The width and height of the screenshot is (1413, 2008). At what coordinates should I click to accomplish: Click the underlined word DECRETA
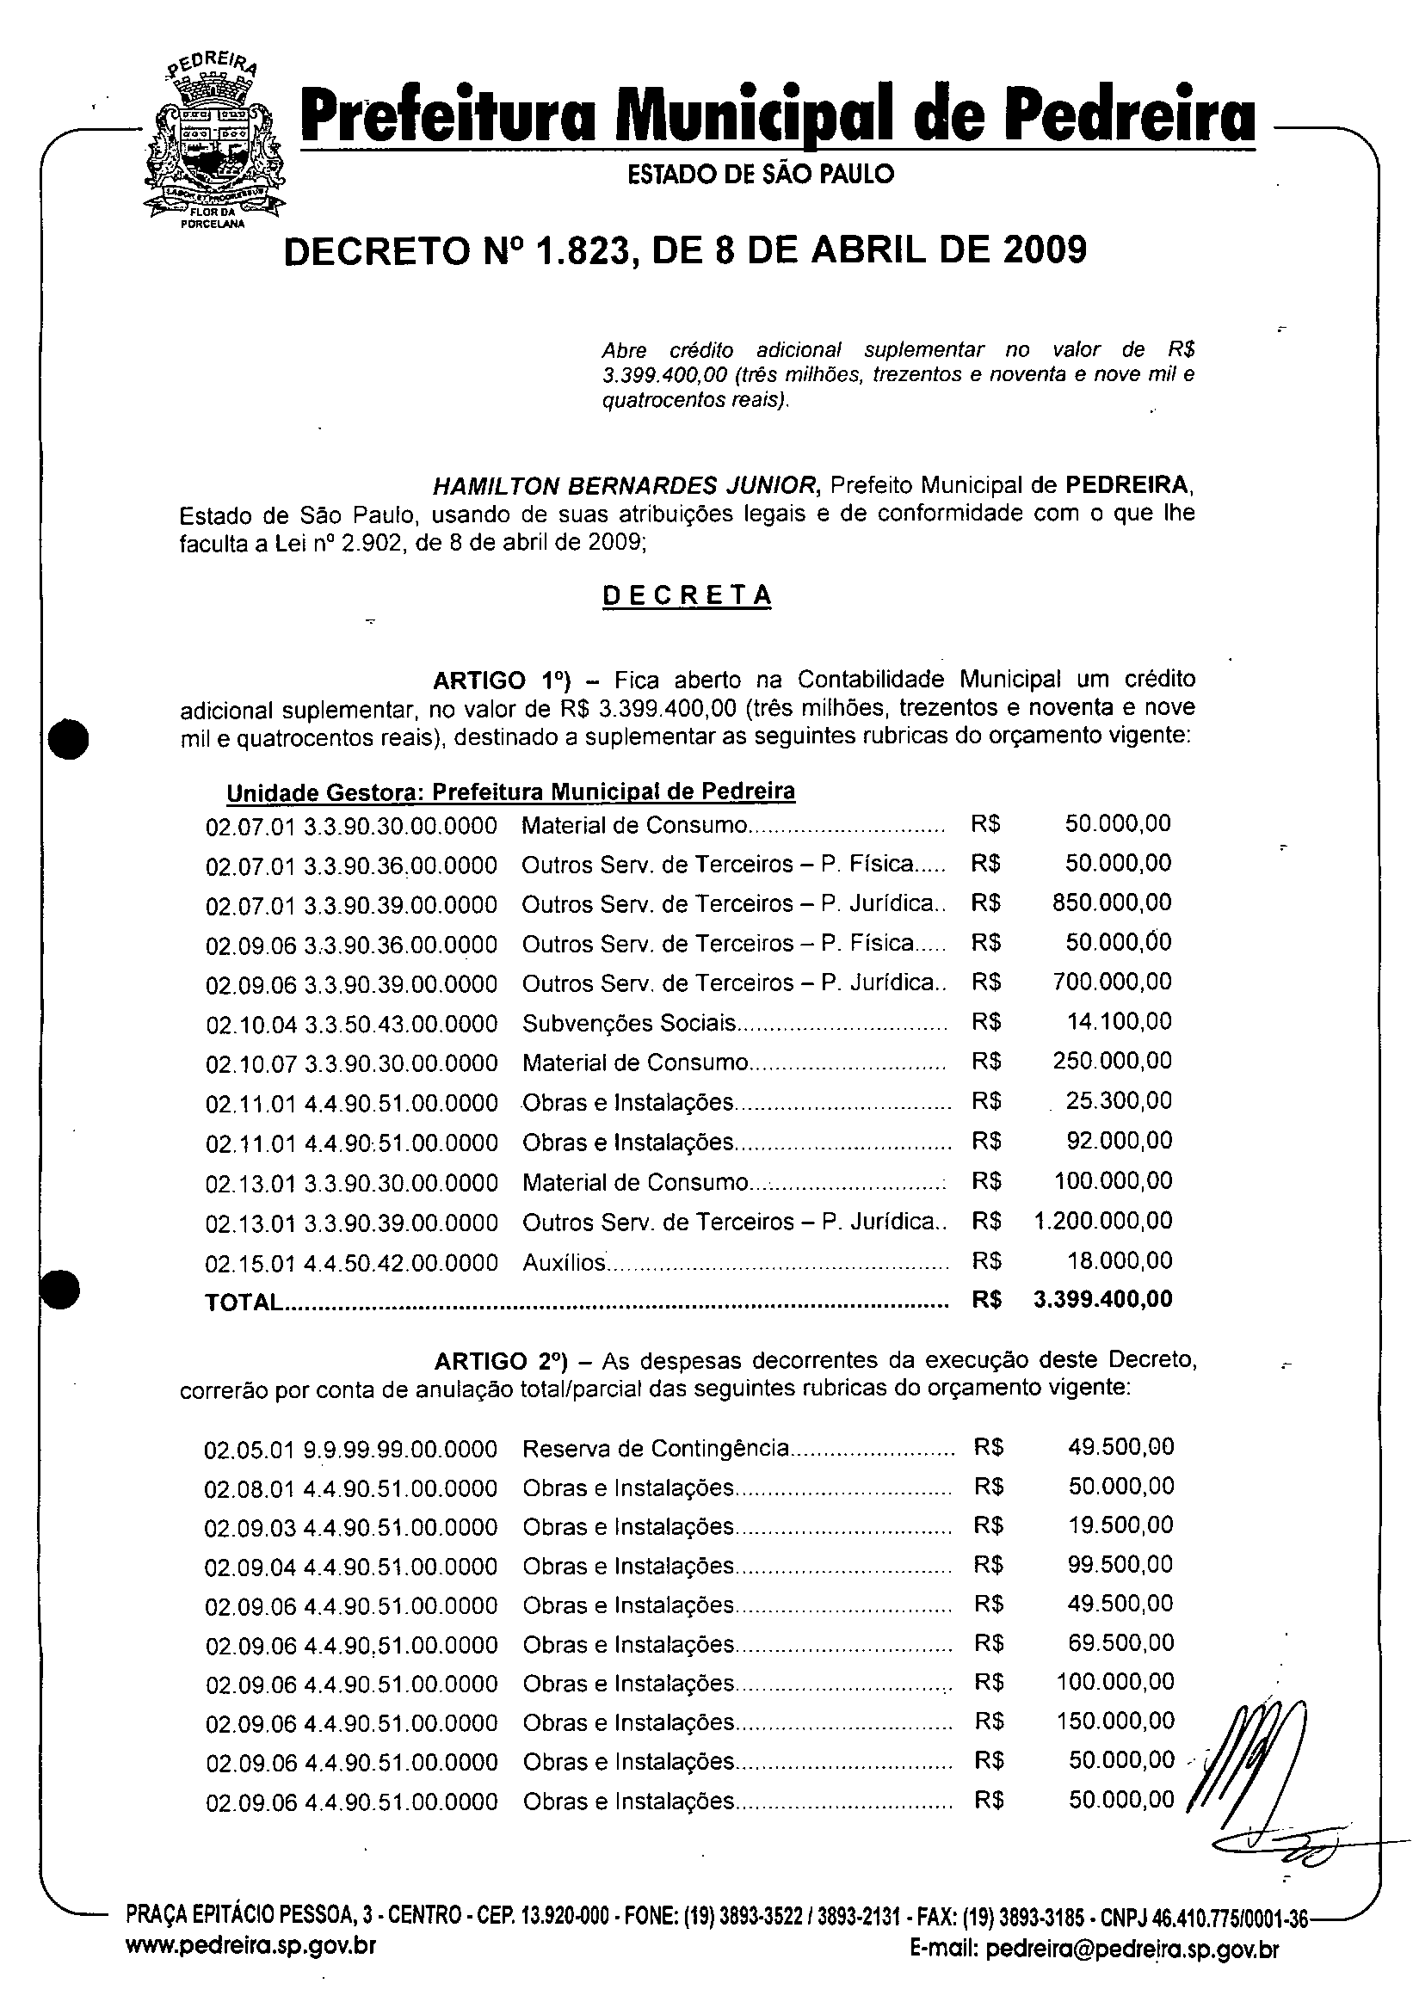pyautogui.click(x=688, y=595)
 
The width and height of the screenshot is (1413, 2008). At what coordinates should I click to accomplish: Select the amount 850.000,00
pyautogui.click(x=1111, y=902)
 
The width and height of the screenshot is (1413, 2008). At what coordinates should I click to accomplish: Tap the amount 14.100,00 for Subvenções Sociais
pyautogui.click(x=1119, y=1021)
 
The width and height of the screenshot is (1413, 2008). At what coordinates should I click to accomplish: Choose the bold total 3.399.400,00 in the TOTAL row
pyautogui.click(x=1102, y=1299)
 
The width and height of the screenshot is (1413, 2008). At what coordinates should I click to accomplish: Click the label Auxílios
pyautogui.click(x=565, y=1262)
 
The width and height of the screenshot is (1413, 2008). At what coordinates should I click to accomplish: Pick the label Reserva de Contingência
pyautogui.click(x=656, y=1448)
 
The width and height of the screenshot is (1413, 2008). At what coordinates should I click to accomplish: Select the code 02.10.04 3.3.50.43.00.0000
pyautogui.click(x=352, y=1023)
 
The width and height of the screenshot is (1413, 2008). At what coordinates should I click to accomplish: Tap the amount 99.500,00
pyautogui.click(x=1120, y=1564)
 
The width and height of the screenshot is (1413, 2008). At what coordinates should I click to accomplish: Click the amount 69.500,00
pyautogui.click(x=1120, y=1642)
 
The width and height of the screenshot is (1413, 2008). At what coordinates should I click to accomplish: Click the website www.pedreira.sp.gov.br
pyautogui.click(x=251, y=1970)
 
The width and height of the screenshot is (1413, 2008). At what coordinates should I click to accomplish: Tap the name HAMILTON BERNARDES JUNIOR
pyautogui.click(x=626, y=484)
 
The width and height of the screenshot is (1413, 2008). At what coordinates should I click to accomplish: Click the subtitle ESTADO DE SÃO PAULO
pyautogui.click(x=762, y=174)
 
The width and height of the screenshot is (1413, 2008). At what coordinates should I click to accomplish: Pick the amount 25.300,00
pyautogui.click(x=1119, y=1100)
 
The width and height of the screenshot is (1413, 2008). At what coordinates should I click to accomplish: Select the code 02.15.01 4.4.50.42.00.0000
pyautogui.click(x=352, y=1263)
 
